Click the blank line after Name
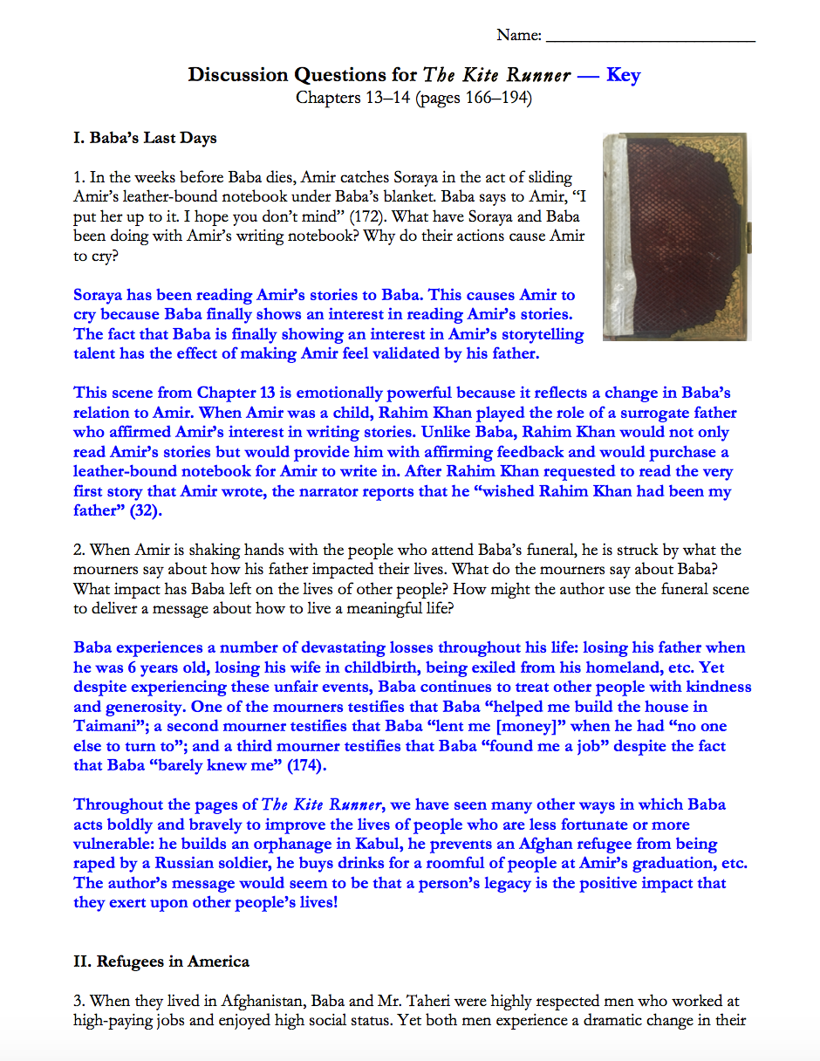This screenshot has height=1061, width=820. [650, 37]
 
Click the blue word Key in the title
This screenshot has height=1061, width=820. [623, 75]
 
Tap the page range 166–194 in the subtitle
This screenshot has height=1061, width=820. [495, 98]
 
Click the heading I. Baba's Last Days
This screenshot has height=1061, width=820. [145, 138]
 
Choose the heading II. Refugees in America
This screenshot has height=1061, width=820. [161, 962]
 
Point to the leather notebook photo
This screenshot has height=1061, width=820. [674, 236]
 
